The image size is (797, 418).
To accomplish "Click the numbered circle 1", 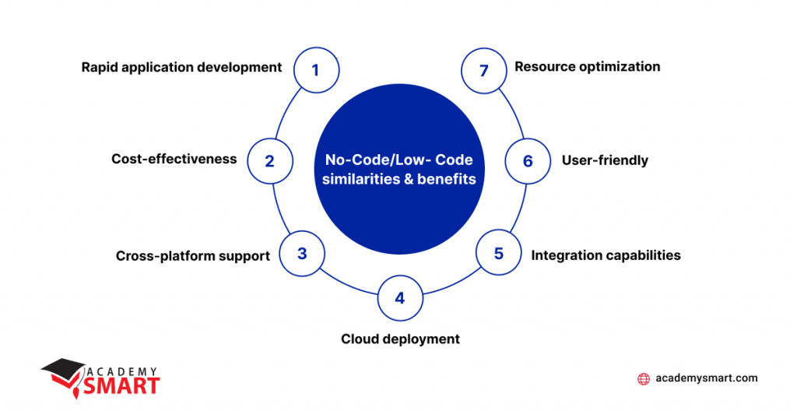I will tap(315, 70).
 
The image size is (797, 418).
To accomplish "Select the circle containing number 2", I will tap(269, 162).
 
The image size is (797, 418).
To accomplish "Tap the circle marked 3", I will tap(302, 254).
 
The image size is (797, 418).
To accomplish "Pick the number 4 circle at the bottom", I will tap(399, 298).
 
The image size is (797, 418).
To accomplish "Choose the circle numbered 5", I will tap(498, 254).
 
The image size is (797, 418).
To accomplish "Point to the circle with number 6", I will tap(528, 162).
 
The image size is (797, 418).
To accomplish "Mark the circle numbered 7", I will tap(483, 70).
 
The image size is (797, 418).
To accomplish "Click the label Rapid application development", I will tap(181, 67).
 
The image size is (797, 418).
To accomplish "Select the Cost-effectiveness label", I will tap(174, 159).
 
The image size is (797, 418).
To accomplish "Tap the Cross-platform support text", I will tap(192, 255).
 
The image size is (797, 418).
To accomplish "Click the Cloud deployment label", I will tap(400, 339).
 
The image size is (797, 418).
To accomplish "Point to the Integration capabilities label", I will tap(606, 255).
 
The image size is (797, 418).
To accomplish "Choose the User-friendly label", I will tap(605, 160).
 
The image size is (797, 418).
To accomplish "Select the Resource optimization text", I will tap(587, 67).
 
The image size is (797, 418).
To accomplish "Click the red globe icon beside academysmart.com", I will tap(644, 379).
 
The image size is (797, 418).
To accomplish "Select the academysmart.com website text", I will tap(706, 378).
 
